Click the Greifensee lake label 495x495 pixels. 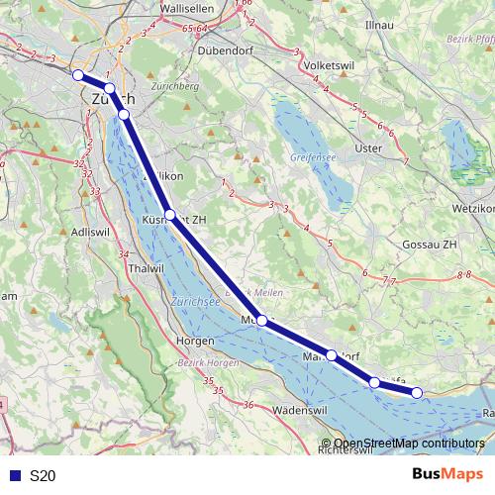click(x=314, y=157)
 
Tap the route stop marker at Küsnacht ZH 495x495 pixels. click(x=170, y=214)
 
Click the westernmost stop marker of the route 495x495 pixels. click(x=78, y=74)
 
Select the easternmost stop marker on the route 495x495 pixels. click(x=417, y=393)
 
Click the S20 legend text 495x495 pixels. click(x=43, y=476)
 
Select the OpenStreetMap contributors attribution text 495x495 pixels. click(x=409, y=444)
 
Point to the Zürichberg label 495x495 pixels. click(x=176, y=86)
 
